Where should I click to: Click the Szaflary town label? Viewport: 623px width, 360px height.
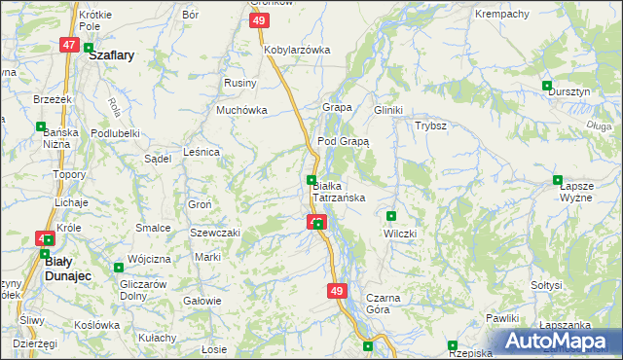[111, 56]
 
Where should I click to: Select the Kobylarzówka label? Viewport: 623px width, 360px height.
[297, 50]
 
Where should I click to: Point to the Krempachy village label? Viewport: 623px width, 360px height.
[501, 15]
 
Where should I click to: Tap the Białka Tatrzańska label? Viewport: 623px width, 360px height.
[338, 191]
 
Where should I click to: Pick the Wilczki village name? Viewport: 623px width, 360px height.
[400, 234]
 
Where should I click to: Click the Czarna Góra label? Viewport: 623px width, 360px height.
[378, 304]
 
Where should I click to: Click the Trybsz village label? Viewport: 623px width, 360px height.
[430, 126]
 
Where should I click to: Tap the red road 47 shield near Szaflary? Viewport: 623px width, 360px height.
[68, 45]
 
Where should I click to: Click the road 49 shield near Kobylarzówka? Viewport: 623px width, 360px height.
[258, 21]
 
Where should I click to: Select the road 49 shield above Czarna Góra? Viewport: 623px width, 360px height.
[338, 291]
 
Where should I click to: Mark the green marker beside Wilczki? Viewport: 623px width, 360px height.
[391, 216]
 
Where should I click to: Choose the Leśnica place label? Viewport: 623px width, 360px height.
[202, 152]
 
